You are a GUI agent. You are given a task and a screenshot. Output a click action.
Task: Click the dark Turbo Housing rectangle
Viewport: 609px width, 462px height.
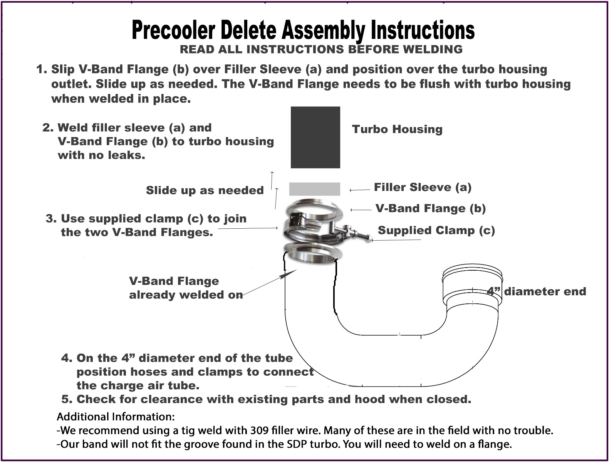[x=315, y=137]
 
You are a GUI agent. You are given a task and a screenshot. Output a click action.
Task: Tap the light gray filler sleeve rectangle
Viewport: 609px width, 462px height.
[x=314, y=189]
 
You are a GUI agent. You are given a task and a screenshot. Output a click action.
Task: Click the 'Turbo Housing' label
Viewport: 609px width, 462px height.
[x=397, y=129]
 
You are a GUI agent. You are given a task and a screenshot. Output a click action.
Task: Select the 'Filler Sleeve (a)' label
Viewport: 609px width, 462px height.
[x=423, y=187]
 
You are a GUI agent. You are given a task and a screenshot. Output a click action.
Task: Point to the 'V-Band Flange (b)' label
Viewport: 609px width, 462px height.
[x=431, y=209]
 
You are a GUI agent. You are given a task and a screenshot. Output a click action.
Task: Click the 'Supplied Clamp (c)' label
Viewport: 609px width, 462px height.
[x=436, y=231]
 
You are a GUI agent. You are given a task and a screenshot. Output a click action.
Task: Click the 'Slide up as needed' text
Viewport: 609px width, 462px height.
[x=205, y=190]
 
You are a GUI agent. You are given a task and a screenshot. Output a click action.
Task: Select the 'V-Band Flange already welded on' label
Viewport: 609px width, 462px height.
[x=186, y=288]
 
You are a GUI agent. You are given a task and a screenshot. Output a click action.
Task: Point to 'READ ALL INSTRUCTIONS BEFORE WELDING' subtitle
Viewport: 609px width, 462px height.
[x=321, y=49]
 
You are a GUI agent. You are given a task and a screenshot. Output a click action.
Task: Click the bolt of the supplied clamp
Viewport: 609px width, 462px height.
[x=356, y=234]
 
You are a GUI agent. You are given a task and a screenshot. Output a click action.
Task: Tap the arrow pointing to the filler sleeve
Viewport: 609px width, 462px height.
[x=359, y=190]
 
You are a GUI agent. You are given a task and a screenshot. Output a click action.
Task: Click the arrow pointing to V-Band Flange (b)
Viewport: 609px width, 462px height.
[x=361, y=210]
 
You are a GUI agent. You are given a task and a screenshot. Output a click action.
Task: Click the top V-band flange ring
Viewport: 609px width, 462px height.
[x=314, y=208]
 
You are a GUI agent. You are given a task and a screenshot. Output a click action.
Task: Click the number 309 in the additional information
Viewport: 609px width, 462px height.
[x=259, y=430]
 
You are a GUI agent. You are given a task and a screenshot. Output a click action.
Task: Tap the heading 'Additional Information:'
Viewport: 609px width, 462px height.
[x=116, y=417]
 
